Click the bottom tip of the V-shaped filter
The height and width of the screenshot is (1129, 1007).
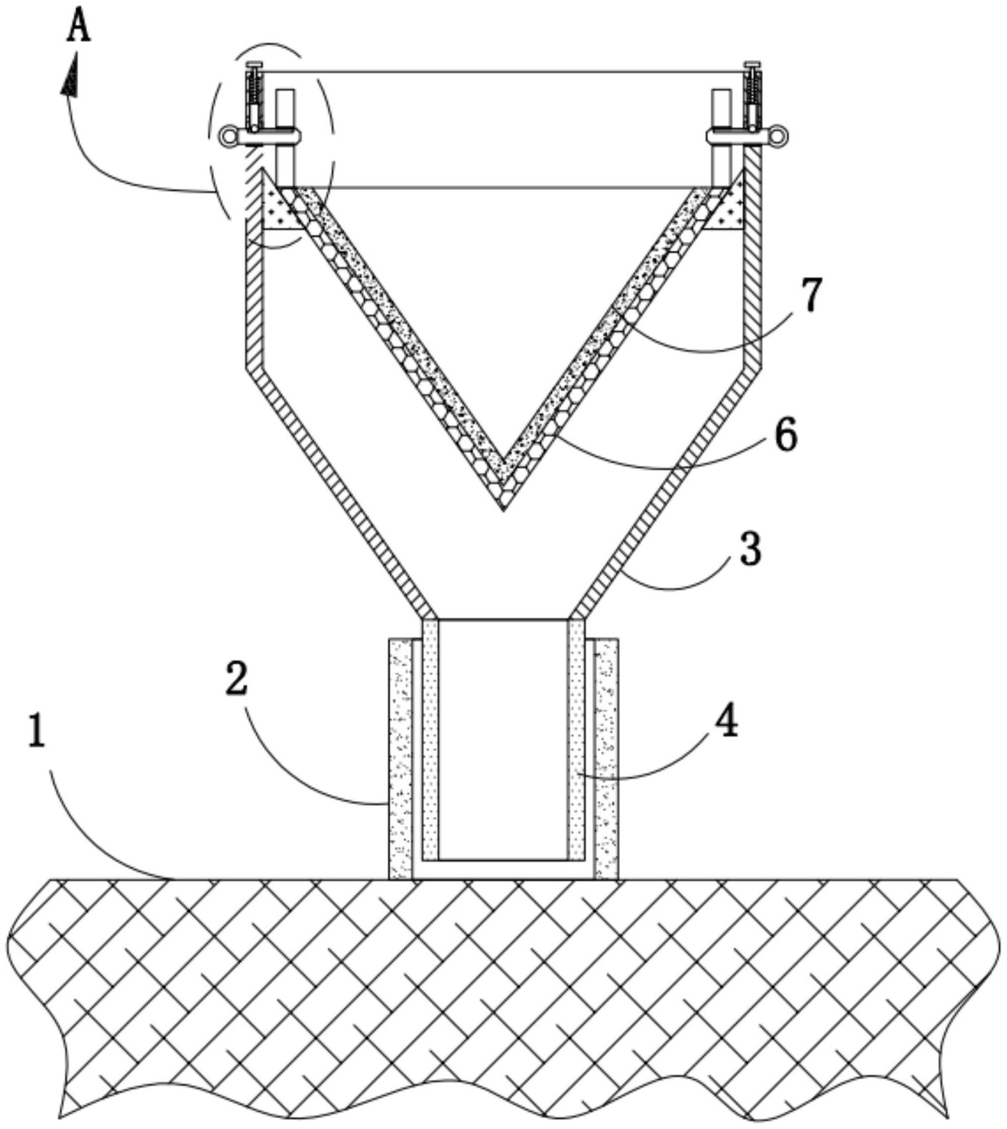(x=504, y=510)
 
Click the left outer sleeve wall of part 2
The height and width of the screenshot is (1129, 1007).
(x=400, y=759)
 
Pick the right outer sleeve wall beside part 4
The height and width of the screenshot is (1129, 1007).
(x=606, y=759)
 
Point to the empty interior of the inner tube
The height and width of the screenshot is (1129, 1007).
(x=503, y=740)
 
